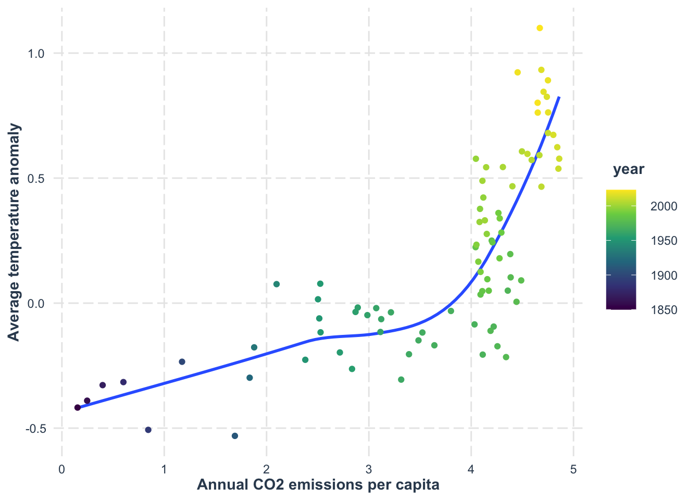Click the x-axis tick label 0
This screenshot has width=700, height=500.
62,469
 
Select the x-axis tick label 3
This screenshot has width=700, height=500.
369,469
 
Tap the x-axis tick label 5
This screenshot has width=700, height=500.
573,469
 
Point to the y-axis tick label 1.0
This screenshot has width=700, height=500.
36,54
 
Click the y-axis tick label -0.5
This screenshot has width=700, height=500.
35,429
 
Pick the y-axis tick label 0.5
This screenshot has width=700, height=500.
36,179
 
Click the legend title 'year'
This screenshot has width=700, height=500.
629,169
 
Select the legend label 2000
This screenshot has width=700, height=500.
664,206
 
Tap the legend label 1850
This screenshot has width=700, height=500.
664,310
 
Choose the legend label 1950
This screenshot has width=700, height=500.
664,241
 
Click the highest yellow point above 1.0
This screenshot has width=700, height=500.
540,28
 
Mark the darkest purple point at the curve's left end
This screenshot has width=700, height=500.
78,407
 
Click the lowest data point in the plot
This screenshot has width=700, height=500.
235,435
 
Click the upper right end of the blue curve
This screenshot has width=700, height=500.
559,97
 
